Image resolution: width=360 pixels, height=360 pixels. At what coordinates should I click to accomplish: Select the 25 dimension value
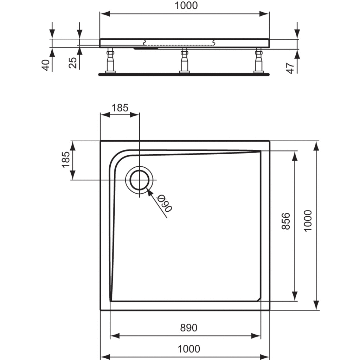tap(73, 63)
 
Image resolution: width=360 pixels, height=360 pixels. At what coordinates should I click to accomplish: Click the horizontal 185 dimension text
tap(120, 108)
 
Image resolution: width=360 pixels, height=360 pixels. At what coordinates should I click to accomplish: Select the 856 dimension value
tap(287, 221)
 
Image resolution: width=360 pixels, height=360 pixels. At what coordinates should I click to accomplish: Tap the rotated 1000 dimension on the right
tap(308, 220)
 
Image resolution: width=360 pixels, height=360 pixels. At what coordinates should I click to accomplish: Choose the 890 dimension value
tap(189, 328)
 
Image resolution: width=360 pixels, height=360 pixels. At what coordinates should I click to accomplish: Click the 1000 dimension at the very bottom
tap(189, 349)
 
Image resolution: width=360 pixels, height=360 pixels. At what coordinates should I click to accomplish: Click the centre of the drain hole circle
tap(140, 180)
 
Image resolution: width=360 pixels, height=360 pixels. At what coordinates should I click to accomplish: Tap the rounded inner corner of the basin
tap(118, 158)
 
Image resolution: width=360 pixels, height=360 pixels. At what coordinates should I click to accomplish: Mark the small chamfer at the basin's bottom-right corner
tap(259, 299)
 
